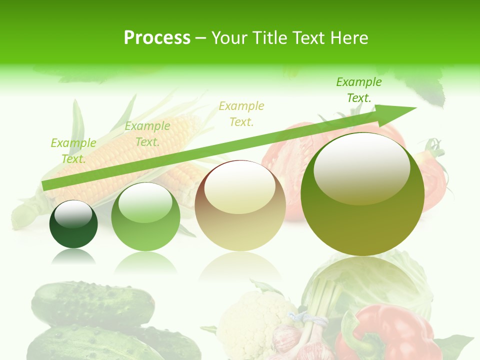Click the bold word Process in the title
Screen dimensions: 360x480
(x=157, y=38)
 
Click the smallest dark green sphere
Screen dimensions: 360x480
(x=73, y=224)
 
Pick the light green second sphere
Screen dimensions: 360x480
(x=145, y=217)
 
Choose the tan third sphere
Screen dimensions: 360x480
(x=240, y=206)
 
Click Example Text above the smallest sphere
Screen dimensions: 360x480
(x=73, y=150)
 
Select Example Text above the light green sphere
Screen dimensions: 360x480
(x=147, y=134)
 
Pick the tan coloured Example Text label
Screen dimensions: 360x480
(x=241, y=113)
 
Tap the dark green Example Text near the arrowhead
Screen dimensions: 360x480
(x=358, y=90)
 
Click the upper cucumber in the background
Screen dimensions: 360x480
(x=92, y=302)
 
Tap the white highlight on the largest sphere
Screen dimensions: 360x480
(x=361, y=167)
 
